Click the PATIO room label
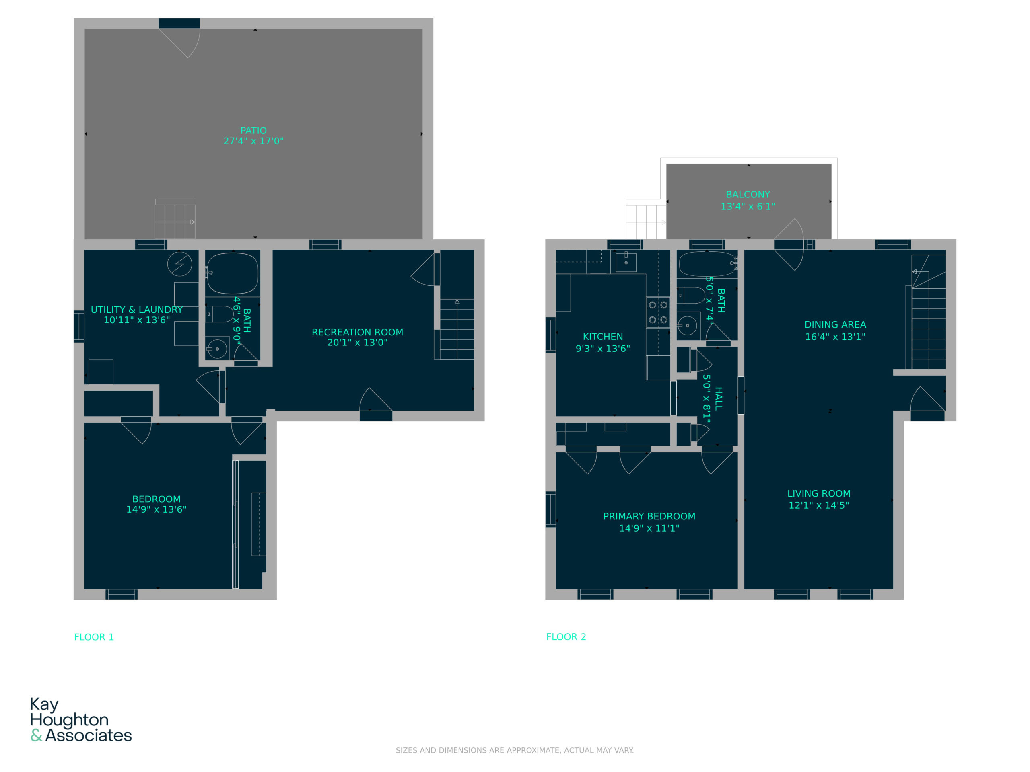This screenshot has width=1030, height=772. pos(253,131)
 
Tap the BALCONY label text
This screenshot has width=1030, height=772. pos(748,195)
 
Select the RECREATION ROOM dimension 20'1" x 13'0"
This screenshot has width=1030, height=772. pos(357,343)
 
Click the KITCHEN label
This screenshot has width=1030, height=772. pos(603,337)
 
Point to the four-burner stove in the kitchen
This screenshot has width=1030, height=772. pos(658,312)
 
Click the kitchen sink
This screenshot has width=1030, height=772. pos(626,263)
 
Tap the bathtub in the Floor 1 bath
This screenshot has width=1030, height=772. pos(233,273)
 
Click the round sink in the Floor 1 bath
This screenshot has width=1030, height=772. pos(217,349)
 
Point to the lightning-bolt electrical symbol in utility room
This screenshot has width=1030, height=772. pos(180,264)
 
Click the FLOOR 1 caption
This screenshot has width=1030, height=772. pos(94,637)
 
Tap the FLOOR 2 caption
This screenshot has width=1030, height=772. pos(566,637)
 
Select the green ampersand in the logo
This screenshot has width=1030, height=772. pos(36,735)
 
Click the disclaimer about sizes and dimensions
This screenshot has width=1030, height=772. pos(515,750)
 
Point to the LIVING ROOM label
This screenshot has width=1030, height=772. pos(819,493)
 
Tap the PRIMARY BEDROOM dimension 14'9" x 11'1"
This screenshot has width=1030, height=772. pos(649,528)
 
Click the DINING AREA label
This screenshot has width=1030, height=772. pos(835,325)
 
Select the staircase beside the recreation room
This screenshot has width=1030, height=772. pos(457,329)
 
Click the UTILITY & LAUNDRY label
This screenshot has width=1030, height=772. pos(136,310)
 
